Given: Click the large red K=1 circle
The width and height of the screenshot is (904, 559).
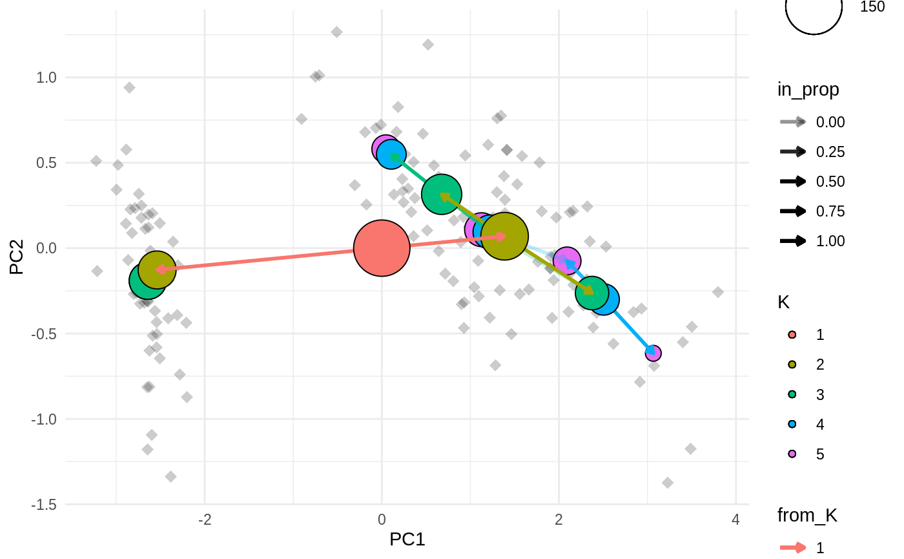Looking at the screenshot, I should point(382,248).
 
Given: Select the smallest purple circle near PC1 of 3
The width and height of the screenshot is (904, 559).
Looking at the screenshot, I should point(653,353).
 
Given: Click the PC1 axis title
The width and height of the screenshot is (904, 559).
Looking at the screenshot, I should point(407,539).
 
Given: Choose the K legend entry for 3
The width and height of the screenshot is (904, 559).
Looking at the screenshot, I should point(820,394).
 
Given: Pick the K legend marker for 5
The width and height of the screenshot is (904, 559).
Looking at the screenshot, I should point(793,454).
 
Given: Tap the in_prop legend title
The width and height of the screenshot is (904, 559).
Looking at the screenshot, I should point(808,90).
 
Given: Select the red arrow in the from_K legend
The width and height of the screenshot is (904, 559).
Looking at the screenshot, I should point(793,548).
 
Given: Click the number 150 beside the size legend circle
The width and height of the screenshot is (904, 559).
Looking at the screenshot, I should point(872,6).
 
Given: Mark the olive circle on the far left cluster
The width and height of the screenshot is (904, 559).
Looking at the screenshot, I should point(157,269).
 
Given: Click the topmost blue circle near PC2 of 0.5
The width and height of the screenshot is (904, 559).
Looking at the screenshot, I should point(391,154).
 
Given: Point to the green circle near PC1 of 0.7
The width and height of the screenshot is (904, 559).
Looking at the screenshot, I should point(441,194).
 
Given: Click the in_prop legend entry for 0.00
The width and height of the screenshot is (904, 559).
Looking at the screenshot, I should point(830,122).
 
